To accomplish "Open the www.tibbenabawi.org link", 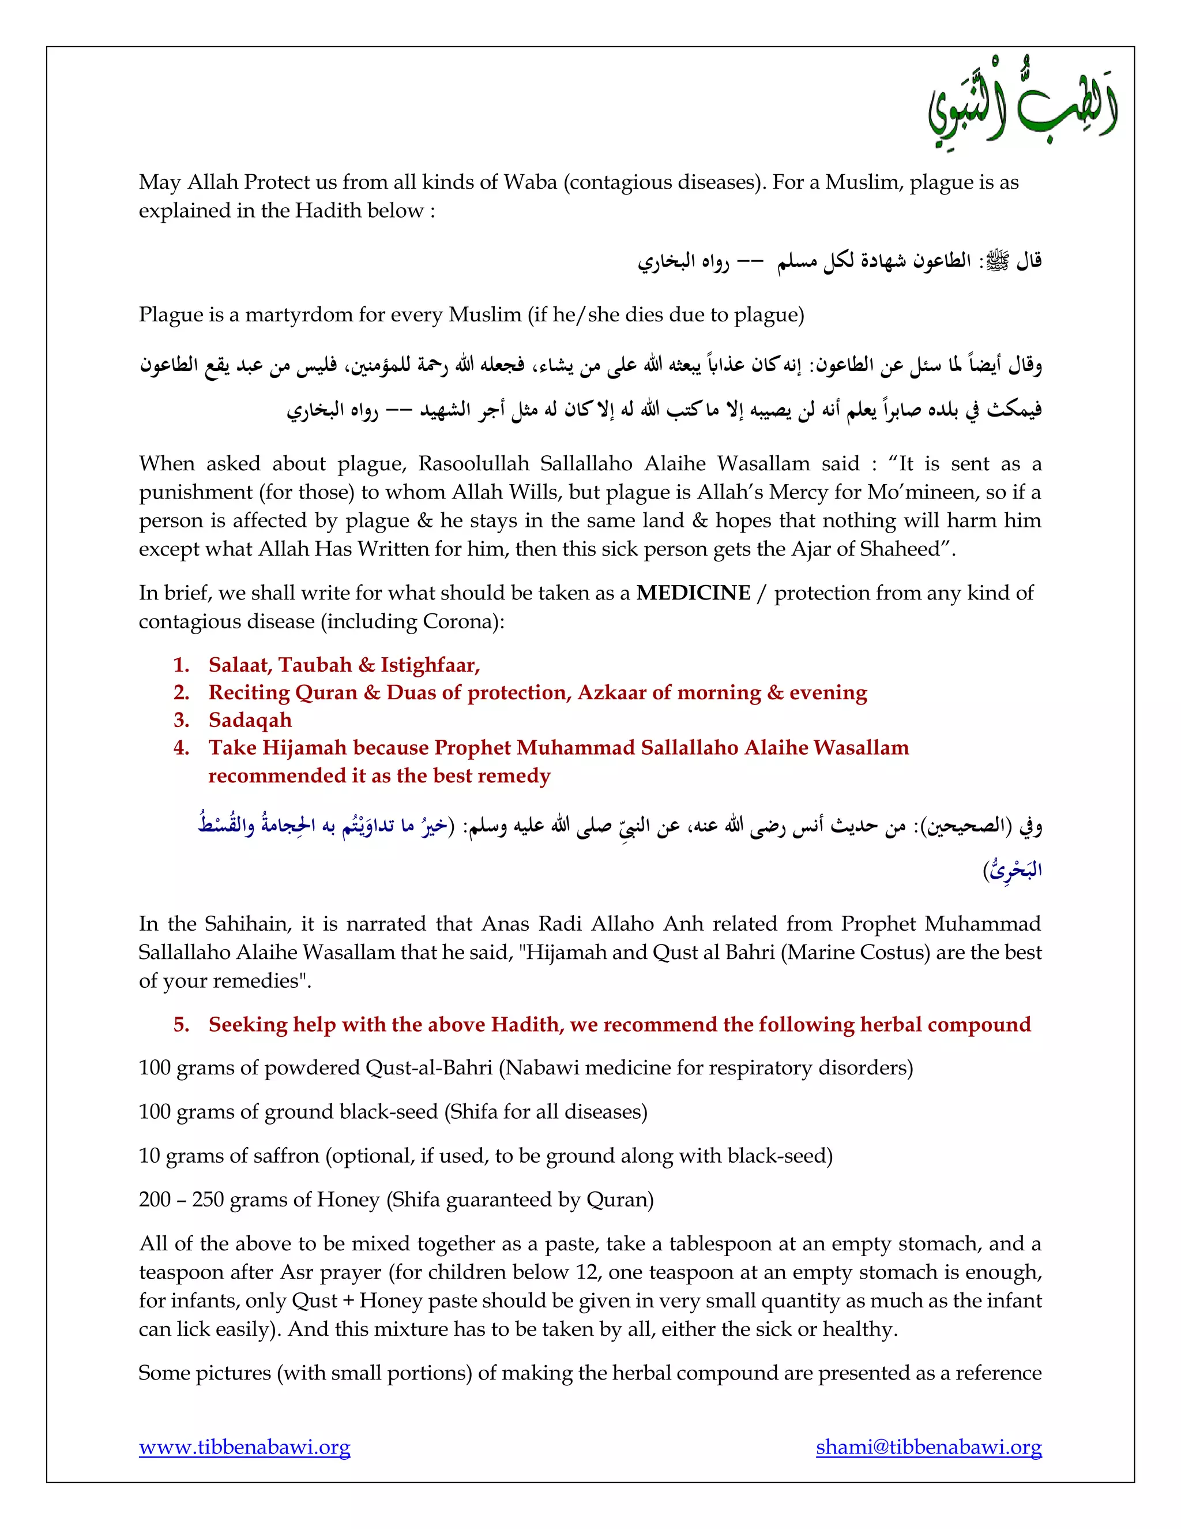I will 244,1446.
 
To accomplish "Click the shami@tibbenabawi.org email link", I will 928,1446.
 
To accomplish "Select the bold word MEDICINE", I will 693,593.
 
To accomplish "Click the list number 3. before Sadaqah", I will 182,719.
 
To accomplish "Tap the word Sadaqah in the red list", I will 250,719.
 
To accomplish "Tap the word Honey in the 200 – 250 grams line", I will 348,1200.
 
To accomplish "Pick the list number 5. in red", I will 182,1024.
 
